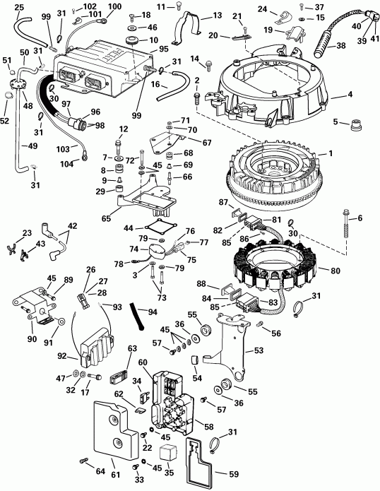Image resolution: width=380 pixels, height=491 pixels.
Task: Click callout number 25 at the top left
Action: [x=18, y=7]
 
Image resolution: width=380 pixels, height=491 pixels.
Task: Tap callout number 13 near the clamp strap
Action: [x=216, y=14]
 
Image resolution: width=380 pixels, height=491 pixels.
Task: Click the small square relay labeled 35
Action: [x=167, y=453]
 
